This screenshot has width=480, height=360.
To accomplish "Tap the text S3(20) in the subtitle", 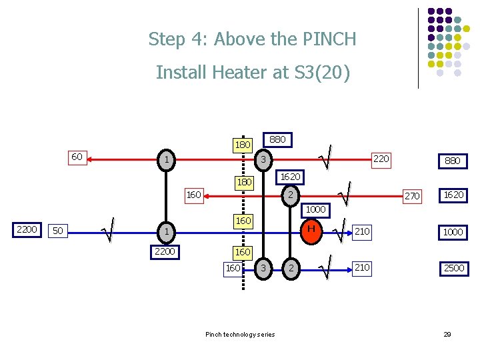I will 317,72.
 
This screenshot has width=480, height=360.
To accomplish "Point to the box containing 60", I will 77,157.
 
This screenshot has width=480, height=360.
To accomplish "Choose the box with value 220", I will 380,159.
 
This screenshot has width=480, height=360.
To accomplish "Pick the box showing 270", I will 412,196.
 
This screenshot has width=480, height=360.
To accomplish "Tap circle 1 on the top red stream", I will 166,160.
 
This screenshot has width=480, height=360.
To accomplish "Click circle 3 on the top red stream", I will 263,160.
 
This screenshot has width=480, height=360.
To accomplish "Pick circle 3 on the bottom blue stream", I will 263,268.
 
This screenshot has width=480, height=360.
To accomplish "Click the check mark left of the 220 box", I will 325,158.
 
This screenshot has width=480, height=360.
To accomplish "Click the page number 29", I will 447,334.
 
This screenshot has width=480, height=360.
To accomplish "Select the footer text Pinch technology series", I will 240,334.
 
